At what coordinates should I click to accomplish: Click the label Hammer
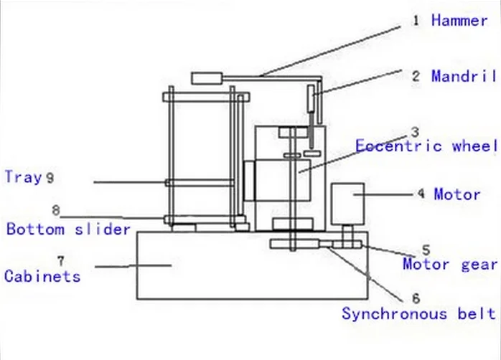tap(459, 20)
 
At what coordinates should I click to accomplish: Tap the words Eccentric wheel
tap(426, 146)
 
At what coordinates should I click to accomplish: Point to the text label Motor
tap(457, 194)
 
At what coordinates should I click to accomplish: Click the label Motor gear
tap(450, 264)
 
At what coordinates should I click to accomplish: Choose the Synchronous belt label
tap(418, 313)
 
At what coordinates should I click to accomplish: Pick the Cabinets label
tap(42, 275)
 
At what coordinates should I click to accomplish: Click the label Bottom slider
tap(68, 229)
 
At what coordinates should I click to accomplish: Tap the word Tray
tap(23, 176)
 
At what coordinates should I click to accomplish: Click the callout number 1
tap(416, 20)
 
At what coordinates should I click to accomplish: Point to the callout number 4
tap(421, 194)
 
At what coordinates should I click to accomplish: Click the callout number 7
tap(60, 258)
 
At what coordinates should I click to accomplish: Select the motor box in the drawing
tap(347, 203)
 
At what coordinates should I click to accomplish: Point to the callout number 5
tap(425, 250)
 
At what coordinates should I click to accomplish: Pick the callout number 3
tap(414, 132)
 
